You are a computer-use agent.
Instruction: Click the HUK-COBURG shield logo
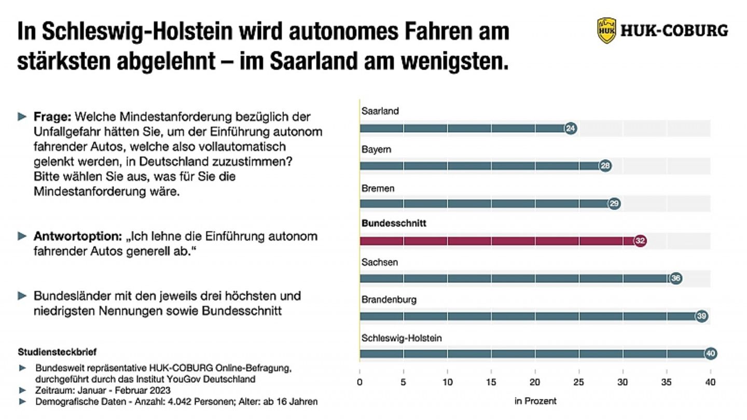click(x=606, y=30)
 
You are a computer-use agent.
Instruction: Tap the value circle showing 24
click(x=571, y=128)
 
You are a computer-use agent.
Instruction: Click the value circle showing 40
click(x=711, y=354)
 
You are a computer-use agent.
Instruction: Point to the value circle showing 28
click(x=605, y=166)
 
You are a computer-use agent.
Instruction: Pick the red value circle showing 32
click(x=640, y=241)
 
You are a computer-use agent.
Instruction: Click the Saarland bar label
click(x=380, y=111)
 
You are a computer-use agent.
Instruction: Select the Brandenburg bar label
click(x=389, y=300)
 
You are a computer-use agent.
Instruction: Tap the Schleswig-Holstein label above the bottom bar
click(x=402, y=338)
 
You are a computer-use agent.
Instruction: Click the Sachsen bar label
click(x=380, y=262)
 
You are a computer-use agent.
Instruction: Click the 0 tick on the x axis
click(x=359, y=383)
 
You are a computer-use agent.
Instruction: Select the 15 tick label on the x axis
click(x=491, y=383)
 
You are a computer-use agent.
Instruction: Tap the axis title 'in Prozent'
click(x=535, y=401)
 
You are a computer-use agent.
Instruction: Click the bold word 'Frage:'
click(x=56, y=117)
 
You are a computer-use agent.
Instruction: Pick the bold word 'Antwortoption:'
click(x=77, y=236)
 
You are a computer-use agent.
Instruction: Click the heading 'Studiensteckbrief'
click(x=57, y=352)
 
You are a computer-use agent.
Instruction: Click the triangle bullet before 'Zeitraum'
click(x=22, y=390)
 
